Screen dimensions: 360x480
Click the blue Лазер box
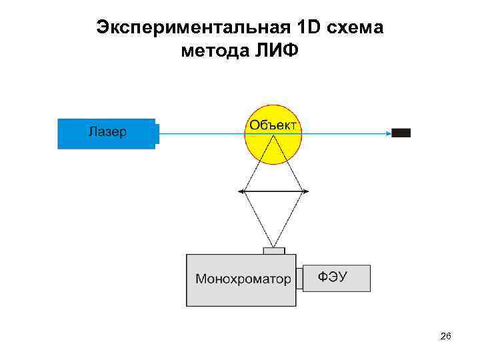(106, 133)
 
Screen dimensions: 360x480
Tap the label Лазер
(107, 131)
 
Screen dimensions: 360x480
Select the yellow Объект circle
(273, 143)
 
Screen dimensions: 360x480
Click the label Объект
(273, 125)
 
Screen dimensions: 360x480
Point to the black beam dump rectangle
(401, 133)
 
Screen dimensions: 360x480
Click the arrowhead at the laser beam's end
(388, 133)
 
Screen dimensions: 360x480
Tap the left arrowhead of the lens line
(241, 192)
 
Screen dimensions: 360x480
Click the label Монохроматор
(243, 279)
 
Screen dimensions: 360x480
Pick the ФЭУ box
(337, 278)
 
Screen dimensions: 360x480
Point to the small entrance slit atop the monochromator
(274, 251)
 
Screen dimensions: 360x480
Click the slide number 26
(446, 337)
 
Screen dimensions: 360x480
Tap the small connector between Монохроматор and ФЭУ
(299, 279)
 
